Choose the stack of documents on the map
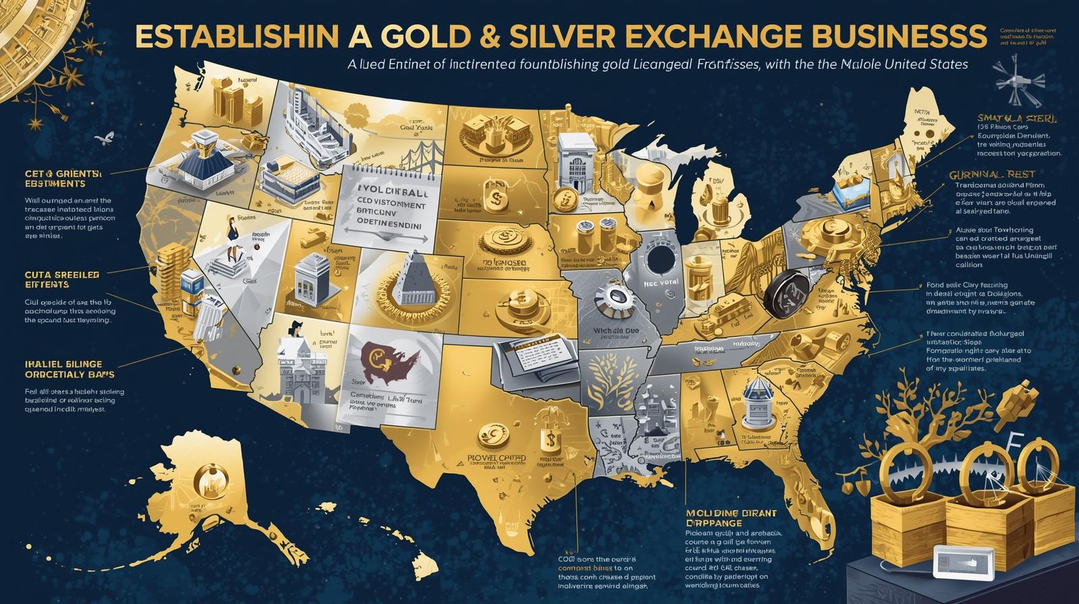click(534, 355)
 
